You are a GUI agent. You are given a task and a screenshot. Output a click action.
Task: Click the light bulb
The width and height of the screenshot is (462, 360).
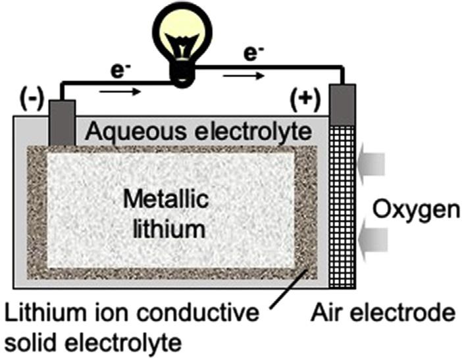[x=182, y=44]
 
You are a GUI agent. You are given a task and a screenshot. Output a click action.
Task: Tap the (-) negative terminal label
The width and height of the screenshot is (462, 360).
[x=32, y=101]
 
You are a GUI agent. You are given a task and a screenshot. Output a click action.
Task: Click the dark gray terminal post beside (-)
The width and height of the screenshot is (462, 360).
[x=62, y=123]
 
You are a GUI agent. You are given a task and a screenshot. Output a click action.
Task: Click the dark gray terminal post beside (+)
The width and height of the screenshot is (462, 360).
[x=342, y=105]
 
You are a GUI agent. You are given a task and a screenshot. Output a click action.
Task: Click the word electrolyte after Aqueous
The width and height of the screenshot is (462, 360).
[x=253, y=132]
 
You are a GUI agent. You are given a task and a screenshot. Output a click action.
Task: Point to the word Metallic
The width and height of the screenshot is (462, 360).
[x=167, y=199]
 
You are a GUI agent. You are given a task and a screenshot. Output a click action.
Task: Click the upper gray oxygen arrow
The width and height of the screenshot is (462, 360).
[x=371, y=164]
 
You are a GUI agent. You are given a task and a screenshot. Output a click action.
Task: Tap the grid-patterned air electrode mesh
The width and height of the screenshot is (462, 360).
[x=342, y=207]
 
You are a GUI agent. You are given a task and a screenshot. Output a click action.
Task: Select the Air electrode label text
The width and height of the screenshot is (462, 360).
[x=383, y=313]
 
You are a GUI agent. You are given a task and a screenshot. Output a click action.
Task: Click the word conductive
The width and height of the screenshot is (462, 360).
[x=198, y=313]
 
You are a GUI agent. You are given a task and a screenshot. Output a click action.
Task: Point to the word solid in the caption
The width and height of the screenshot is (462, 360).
[x=30, y=342]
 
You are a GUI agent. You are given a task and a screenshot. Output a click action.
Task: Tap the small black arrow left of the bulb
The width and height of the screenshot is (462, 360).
[x=120, y=91]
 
